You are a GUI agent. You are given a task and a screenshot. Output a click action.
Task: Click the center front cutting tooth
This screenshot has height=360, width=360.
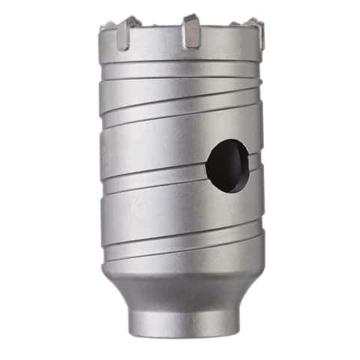[191, 30]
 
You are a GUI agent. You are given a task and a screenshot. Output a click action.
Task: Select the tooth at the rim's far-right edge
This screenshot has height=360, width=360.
[258, 31]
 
